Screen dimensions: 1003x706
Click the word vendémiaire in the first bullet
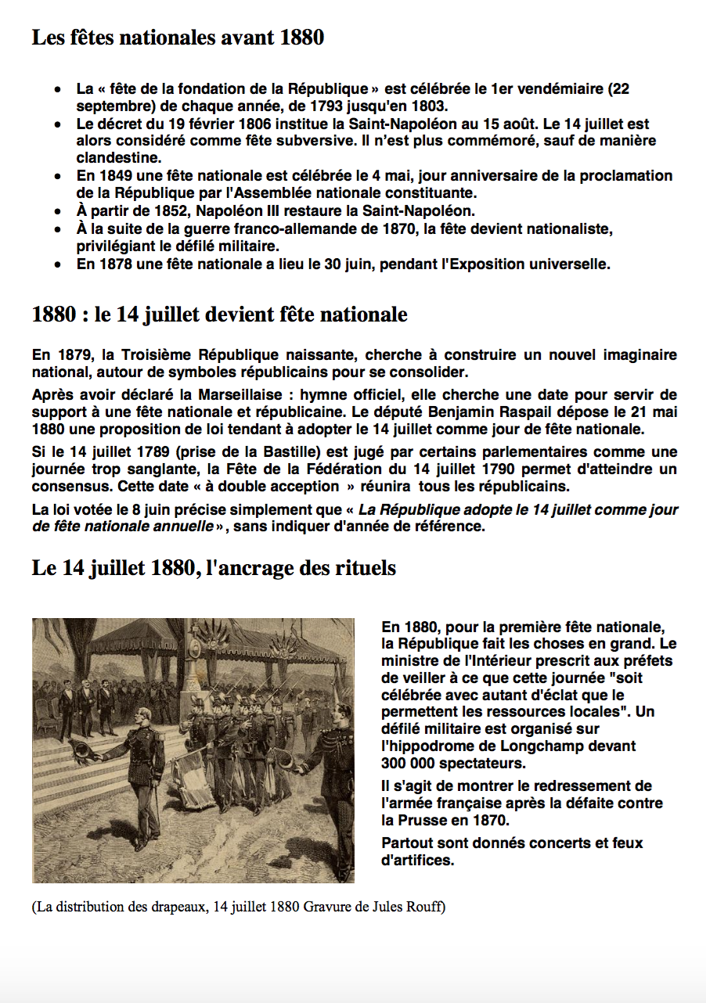coord(556,88)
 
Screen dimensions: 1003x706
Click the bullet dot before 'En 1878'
coord(58,264)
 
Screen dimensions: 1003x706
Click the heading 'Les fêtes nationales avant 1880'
coord(178,37)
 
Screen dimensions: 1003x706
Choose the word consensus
coord(66,487)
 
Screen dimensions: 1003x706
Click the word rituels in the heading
coord(362,568)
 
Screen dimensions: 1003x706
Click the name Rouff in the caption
coord(426,908)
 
